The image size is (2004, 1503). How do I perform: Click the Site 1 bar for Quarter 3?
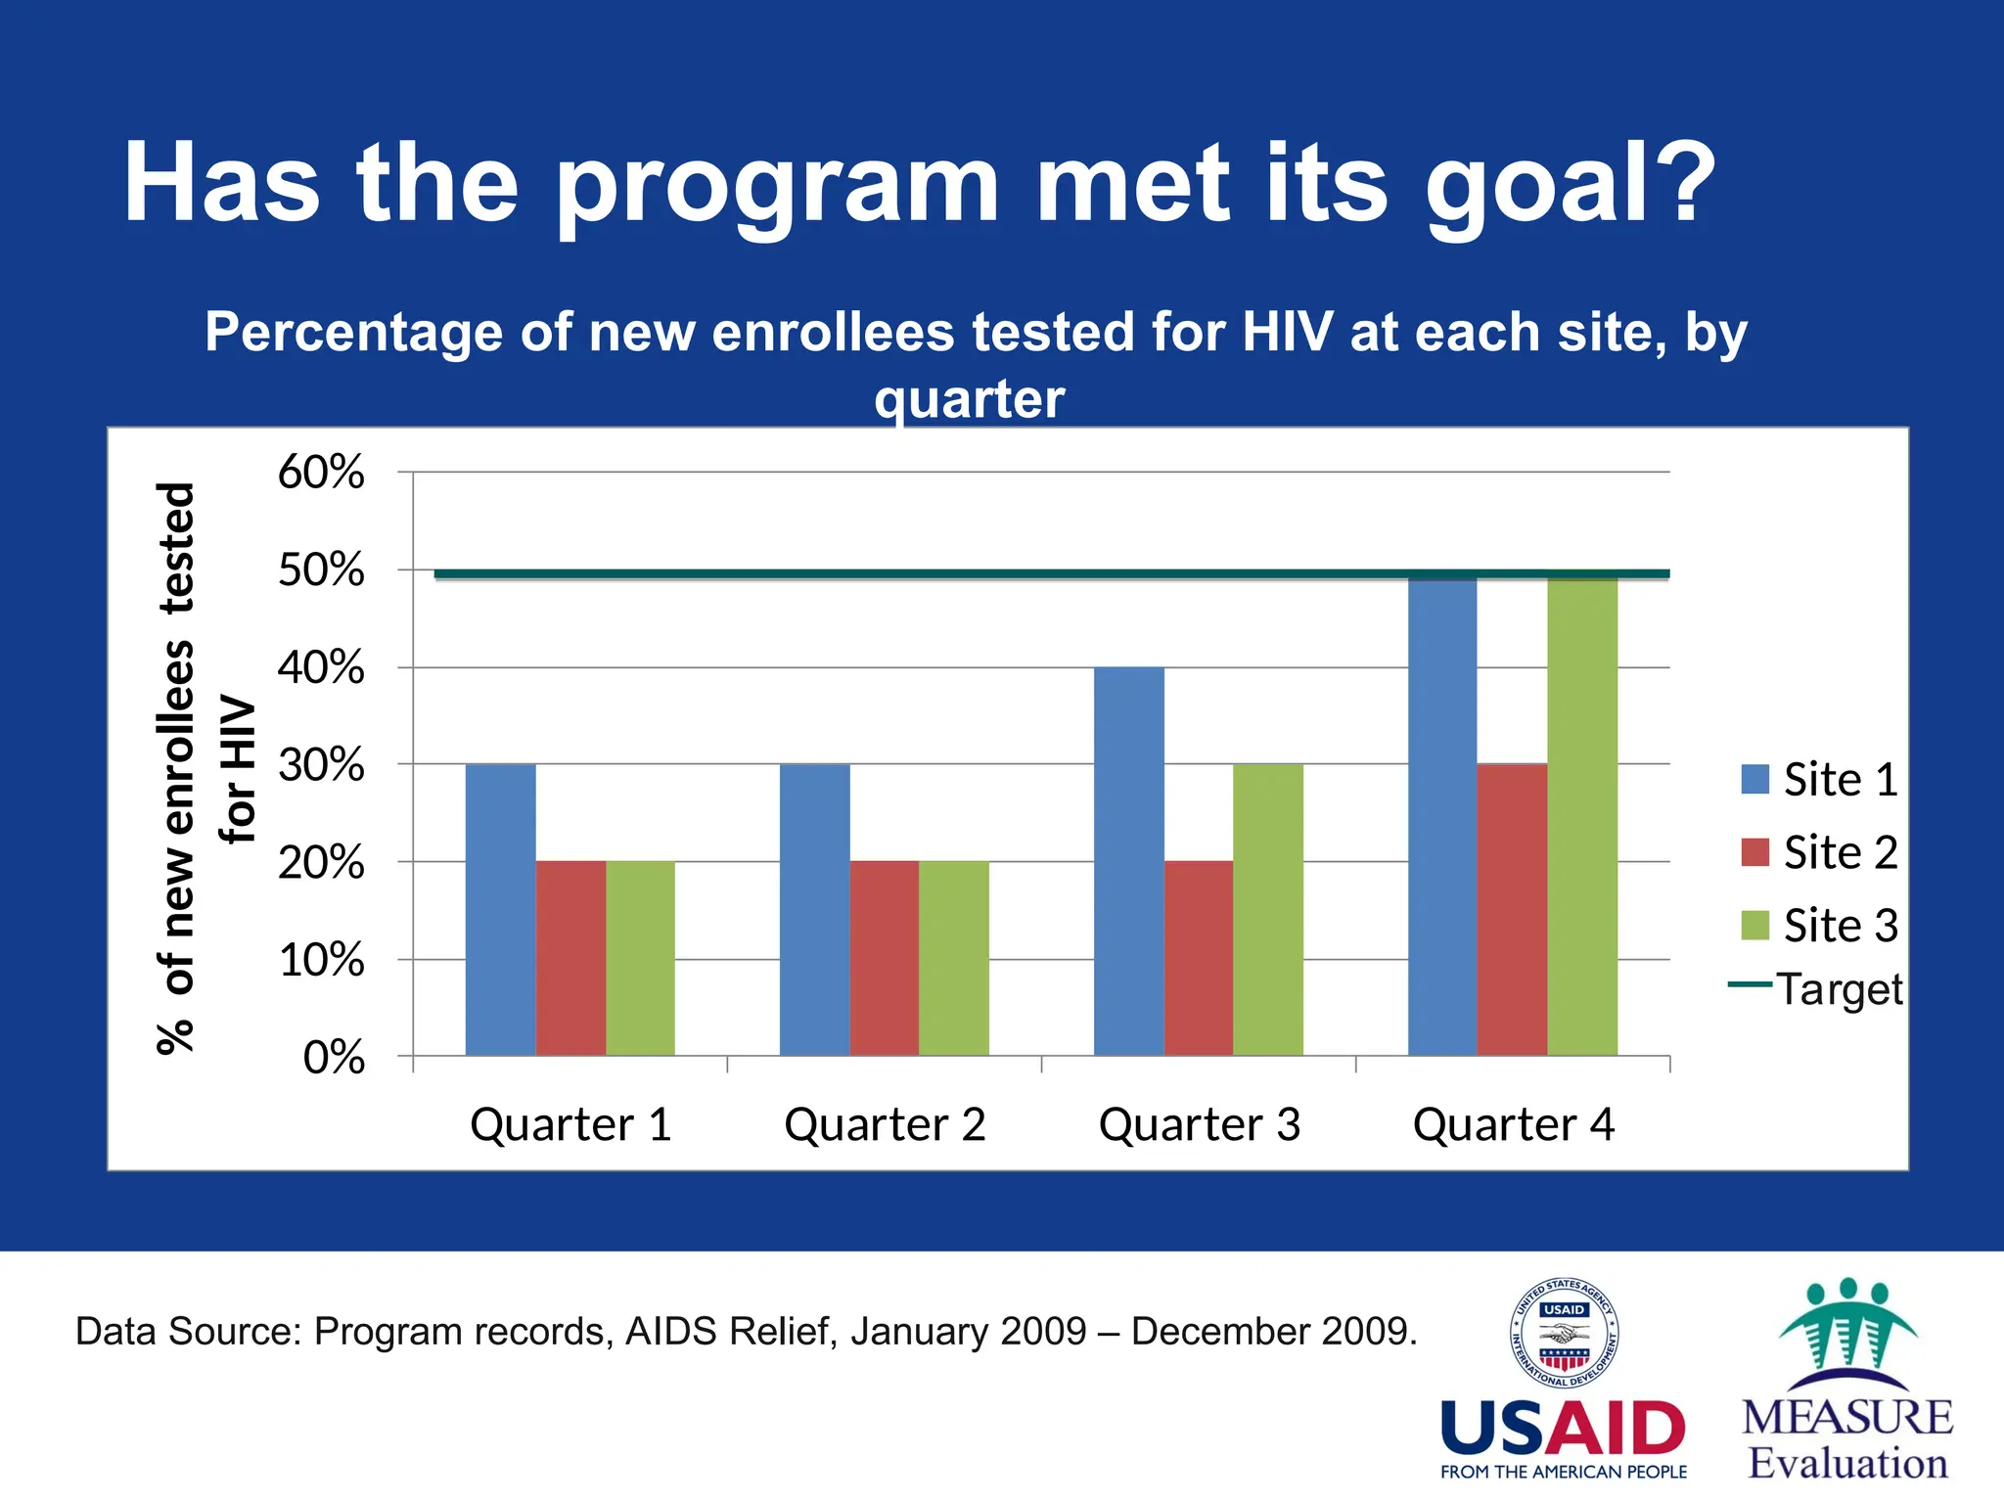[x=1128, y=861]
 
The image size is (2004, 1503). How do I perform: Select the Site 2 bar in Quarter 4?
[x=1512, y=910]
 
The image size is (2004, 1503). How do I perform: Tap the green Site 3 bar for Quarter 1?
[x=640, y=959]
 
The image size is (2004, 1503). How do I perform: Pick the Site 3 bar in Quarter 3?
[x=1268, y=910]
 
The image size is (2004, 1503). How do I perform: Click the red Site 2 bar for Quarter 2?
[x=884, y=959]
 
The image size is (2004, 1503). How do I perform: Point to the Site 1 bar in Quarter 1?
[x=500, y=910]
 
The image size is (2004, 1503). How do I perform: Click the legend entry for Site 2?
[x=1820, y=852]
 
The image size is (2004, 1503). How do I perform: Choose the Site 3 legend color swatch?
[x=1755, y=926]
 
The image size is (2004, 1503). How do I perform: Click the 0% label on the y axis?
[x=334, y=1058]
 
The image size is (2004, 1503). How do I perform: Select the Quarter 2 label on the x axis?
[x=885, y=1124]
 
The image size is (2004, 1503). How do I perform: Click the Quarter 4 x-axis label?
[x=1513, y=1124]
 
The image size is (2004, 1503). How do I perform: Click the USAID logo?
[x=1564, y=1380]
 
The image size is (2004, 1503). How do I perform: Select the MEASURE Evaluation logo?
[x=1847, y=1380]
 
